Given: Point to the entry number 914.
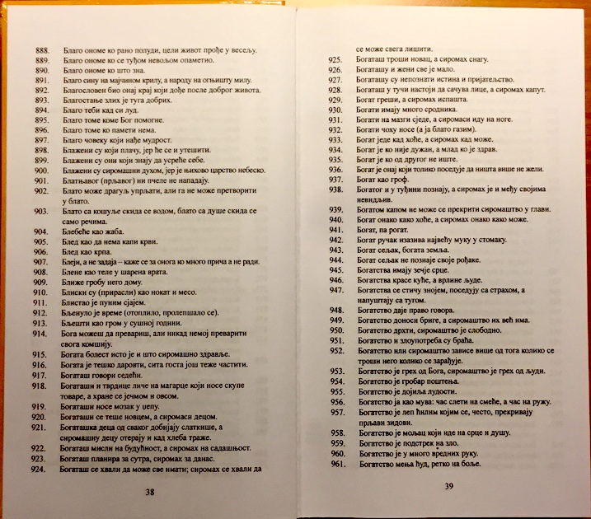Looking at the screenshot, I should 40,334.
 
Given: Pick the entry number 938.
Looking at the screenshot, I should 335,189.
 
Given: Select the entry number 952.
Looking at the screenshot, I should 335,350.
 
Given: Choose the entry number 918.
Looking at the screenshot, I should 40,386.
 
